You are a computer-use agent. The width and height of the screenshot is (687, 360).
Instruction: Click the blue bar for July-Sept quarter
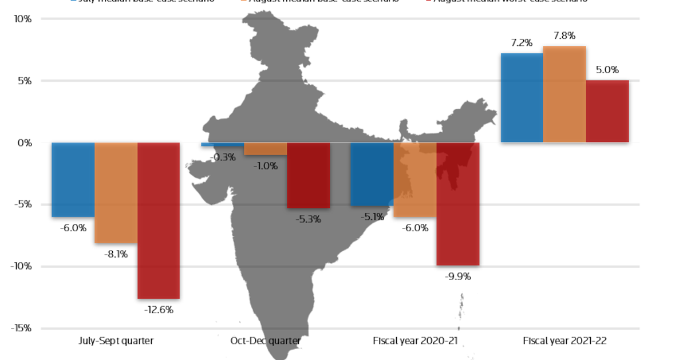(x=73, y=180)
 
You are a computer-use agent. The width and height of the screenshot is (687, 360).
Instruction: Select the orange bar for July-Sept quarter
(x=116, y=193)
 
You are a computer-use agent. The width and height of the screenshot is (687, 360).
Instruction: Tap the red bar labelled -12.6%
(x=159, y=220)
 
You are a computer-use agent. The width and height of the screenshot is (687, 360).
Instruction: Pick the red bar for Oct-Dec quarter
(x=309, y=175)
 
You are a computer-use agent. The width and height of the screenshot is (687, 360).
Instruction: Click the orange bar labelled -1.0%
(x=266, y=149)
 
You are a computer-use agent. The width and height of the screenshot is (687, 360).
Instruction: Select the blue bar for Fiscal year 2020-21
(x=372, y=174)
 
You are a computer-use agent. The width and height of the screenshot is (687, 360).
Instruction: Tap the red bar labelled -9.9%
(x=458, y=204)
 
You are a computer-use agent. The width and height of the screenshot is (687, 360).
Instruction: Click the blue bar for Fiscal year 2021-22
(x=522, y=98)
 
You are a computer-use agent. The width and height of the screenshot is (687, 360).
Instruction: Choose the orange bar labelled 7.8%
(x=564, y=94)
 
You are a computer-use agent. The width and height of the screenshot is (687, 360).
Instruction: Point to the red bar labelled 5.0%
(x=607, y=111)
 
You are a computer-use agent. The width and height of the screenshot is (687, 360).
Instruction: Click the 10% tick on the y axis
(x=23, y=19)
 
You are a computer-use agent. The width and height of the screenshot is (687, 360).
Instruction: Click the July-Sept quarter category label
(x=116, y=341)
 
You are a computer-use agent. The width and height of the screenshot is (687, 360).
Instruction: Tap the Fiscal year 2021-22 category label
(x=564, y=341)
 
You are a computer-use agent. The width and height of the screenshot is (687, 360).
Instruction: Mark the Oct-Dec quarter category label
(x=265, y=341)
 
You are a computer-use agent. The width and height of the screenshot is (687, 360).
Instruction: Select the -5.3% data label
(x=309, y=219)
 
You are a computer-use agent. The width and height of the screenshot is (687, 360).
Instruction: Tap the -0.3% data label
(x=223, y=157)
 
